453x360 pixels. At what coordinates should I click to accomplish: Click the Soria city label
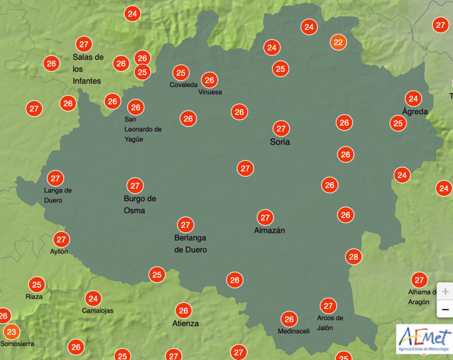point(280,142)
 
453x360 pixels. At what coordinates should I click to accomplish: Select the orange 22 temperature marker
point(338,43)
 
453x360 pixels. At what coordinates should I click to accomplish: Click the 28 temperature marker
point(353,257)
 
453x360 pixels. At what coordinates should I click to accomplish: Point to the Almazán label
point(269,230)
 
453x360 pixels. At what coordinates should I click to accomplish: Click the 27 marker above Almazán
point(265,217)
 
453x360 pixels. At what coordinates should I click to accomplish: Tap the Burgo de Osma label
point(140,204)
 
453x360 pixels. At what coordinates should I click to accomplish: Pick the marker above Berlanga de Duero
point(185,225)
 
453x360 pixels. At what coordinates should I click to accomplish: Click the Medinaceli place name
point(294,331)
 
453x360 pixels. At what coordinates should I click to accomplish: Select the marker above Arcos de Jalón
point(328,305)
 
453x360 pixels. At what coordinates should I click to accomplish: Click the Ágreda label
point(415,112)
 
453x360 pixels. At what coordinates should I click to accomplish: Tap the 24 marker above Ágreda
point(414,98)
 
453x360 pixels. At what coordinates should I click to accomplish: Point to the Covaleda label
point(183,85)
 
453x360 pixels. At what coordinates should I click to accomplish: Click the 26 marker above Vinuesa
point(209,80)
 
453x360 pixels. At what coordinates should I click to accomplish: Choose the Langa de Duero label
point(58,195)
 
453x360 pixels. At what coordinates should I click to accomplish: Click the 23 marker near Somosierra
point(11,331)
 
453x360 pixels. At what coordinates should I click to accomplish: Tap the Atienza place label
point(185,323)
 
